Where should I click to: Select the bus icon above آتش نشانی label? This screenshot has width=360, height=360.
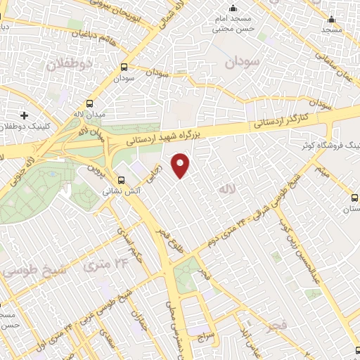pos(121,180)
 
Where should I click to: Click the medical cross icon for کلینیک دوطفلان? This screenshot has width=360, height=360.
pos(25,115)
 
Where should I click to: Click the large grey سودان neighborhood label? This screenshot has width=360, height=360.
pos(243,62)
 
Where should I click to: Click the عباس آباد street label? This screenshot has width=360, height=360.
pos(246,337)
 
